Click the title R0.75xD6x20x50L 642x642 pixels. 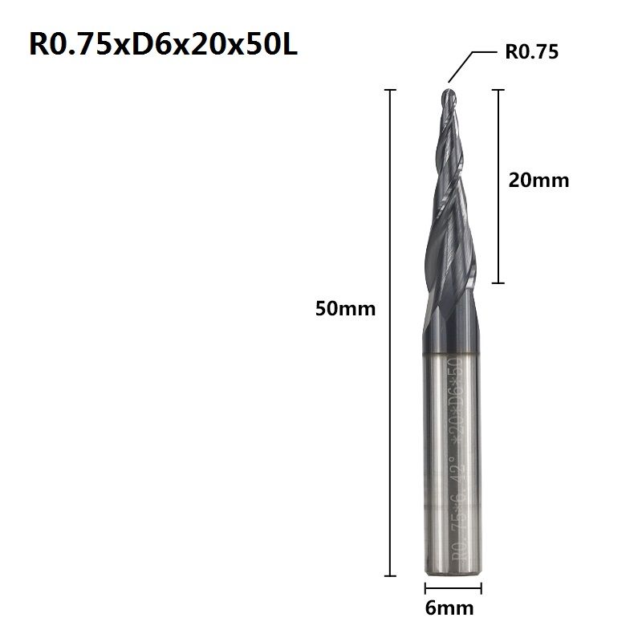(163, 44)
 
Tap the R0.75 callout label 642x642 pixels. (531, 52)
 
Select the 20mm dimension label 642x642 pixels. (538, 180)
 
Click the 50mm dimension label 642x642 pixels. (345, 308)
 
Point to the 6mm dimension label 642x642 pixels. (449, 608)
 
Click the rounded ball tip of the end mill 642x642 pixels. (449, 95)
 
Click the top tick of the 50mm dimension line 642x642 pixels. (390, 90)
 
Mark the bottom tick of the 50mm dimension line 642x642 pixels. (390, 575)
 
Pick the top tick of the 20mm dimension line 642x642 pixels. (498, 90)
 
